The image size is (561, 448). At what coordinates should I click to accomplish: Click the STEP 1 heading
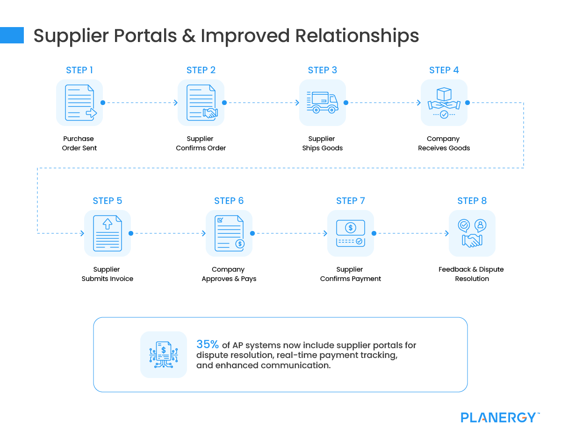79,70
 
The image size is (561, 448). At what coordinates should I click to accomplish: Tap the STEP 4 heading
444,70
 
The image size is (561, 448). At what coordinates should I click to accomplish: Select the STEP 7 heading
350,201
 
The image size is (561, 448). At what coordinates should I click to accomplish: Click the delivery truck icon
323,102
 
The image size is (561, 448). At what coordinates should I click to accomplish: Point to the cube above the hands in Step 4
444,94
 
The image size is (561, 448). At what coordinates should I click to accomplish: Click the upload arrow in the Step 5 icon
108,224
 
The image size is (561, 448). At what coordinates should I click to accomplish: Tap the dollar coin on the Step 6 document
240,244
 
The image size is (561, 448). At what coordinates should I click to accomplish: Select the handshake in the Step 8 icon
472,240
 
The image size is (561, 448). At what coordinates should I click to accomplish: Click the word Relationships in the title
357,35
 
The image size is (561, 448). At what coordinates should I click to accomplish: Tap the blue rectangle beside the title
12,35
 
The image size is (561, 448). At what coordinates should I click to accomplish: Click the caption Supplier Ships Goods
322,143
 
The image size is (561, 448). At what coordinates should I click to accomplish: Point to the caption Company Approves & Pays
229,274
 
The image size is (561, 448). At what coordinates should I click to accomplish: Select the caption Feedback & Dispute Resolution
471,274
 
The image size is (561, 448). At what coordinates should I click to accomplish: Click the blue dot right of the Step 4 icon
467,103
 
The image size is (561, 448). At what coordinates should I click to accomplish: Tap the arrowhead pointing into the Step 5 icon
82,233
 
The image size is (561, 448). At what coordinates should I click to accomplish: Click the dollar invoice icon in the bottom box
164,355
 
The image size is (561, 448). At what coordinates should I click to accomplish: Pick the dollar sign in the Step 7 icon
350,228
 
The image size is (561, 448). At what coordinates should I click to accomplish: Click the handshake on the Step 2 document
210,113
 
